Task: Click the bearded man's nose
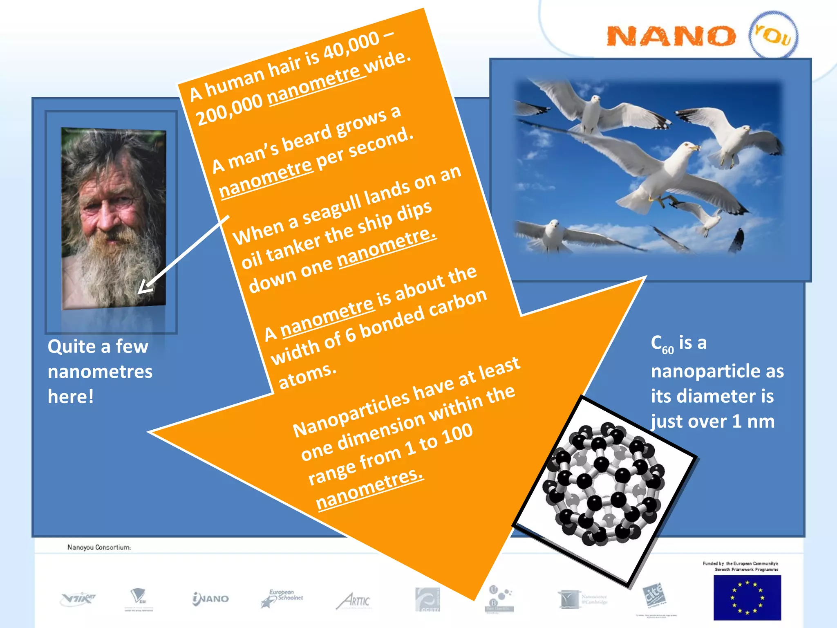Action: pos(107,217)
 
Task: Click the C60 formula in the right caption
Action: pos(662,344)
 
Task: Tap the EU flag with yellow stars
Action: pos(747,597)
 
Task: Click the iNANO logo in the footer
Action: pos(210,599)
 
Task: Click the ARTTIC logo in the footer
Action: pos(354,601)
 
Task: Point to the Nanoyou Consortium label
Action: pos(99,547)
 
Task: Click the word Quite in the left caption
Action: pos(72,347)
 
